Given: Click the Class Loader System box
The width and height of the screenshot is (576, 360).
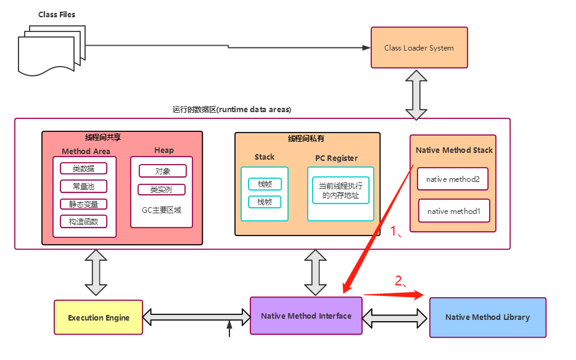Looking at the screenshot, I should tap(419, 48).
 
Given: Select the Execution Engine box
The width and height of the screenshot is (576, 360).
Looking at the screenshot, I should tap(99, 317).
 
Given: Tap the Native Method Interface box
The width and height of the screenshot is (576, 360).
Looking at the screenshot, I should tap(306, 316).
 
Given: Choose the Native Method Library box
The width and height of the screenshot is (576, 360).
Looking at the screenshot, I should tap(487, 317).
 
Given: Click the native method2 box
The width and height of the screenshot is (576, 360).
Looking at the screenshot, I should tap(453, 179).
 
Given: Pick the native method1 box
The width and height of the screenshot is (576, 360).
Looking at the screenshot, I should tap(454, 211).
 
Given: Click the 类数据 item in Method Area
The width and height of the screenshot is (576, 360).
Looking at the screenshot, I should tap(83, 168).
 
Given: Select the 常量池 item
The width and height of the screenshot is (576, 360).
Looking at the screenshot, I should tap(83, 186).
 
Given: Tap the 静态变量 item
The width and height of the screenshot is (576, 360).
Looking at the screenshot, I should tap(83, 204).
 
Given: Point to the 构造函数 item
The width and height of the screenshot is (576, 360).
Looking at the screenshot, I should tap(83, 221).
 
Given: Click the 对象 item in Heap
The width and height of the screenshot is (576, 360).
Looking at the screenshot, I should tap(162, 171).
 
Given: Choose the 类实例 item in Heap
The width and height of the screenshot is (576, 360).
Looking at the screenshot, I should tap(162, 189).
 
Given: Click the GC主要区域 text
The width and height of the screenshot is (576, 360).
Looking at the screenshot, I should tap(162, 210).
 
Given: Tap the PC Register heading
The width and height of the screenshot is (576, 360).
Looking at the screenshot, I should tap(336, 158).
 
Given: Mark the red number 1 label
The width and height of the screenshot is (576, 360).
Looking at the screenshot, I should tap(396, 232).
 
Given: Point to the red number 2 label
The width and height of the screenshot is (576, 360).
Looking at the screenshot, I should tap(400, 282).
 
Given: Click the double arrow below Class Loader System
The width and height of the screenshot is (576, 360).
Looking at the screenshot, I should tap(416, 94).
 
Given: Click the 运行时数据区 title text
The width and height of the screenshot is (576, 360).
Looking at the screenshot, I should tap(232, 109).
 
